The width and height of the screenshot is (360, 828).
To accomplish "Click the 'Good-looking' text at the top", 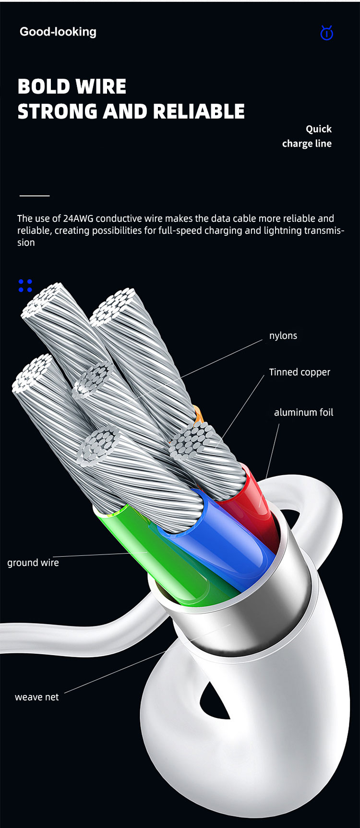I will click(58, 32).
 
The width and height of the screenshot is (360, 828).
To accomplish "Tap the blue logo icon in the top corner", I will click(326, 33).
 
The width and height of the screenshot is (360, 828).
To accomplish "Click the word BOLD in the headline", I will click(44, 87).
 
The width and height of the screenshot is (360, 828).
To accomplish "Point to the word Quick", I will click(319, 129).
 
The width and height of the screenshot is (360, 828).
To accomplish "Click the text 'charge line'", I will click(307, 144).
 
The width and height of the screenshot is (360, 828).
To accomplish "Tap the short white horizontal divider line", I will click(35, 196).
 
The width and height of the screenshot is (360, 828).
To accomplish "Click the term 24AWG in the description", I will click(79, 218).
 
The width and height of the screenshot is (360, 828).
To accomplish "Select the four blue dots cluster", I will click(25, 286).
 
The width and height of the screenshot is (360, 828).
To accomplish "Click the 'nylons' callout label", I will click(283, 336).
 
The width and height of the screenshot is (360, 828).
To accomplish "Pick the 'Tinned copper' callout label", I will click(300, 372).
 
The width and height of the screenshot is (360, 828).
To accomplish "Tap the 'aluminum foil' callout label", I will click(303, 412).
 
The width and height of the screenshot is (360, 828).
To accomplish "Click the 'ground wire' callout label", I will click(33, 563).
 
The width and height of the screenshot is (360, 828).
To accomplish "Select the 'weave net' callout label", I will click(37, 697).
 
